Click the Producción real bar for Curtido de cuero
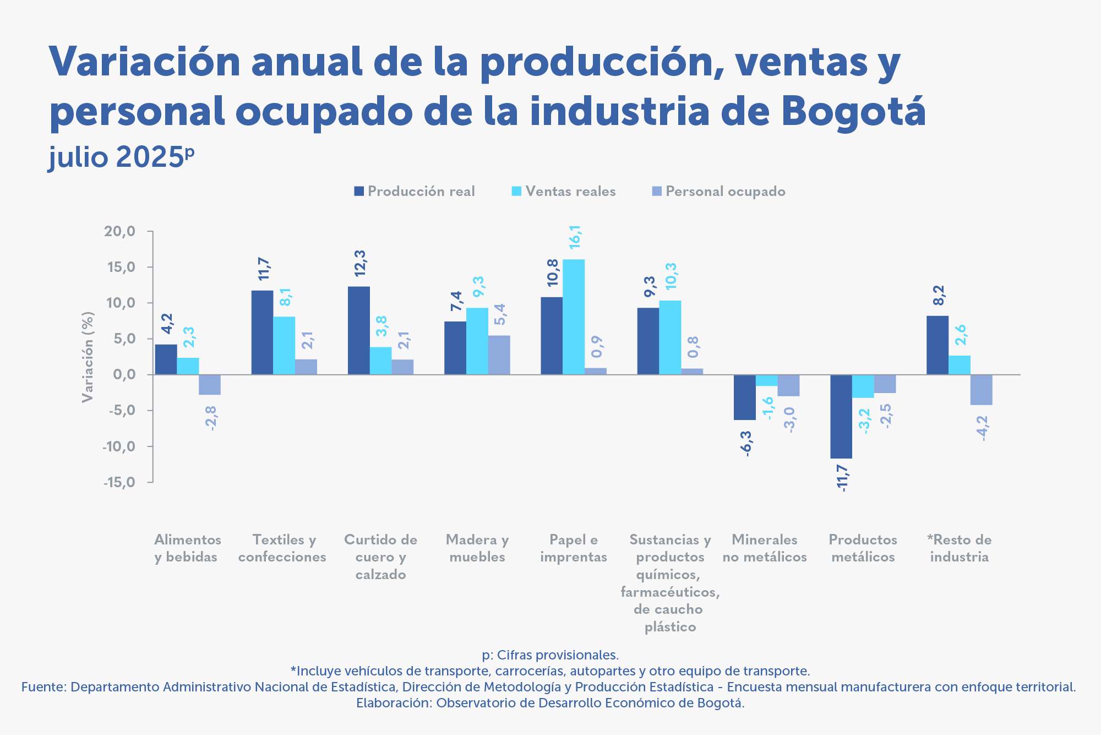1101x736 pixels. pyautogui.click(x=358, y=330)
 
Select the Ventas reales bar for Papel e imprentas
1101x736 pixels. pyautogui.click(x=574, y=317)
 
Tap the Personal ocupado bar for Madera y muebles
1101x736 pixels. pyautogui.click(x=499, y=355)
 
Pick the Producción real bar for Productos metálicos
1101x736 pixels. pyautogui.click(x=841, y=417)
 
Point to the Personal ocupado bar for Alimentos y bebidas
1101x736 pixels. pyautogui.click(x=210, y=385)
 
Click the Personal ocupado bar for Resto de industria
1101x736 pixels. pyautogui.click(x=981, y=390)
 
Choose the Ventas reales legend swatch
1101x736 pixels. pyautogui.click(x=516, y=192)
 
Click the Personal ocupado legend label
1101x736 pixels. pyautogui.click(x=725, y=192)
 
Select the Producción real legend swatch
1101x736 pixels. pyautogui.click(x=359, y=192)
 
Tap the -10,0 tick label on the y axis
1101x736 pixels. pyautogui.click(x=118, y=446)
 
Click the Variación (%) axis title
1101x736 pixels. pyautogui.click(x=88, y=357)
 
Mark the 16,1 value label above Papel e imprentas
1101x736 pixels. pyautogui.click(x=574, y=237)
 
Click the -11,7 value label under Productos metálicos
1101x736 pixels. pyautogui.click(x=842, y=478)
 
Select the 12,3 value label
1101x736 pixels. pyautogui.click(x=359, y=263)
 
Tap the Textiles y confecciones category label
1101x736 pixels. pyautogui.click(x=282, y=548)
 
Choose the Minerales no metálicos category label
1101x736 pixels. pyautogui.click(x=765, y=548)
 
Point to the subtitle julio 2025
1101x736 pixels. pyautogui.click(x=121, y=157)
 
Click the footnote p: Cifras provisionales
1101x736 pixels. pyautogui.click(x=550, y=655)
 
